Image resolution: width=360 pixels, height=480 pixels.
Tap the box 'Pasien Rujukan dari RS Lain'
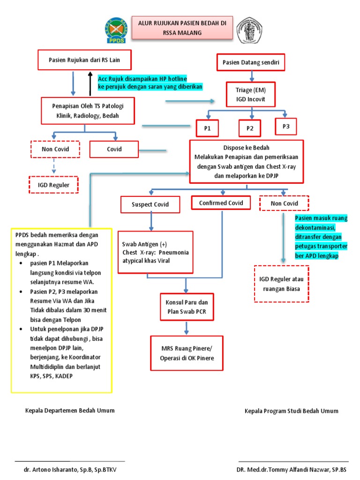coord(84,60)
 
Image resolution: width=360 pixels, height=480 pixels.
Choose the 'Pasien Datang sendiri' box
coord(250,62)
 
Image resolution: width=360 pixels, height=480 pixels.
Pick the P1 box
coord(208,128)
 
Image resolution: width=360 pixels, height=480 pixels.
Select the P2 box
coord(250,128)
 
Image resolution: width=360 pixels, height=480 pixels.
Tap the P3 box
coord(286,126)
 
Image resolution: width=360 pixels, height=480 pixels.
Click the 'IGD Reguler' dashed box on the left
coord(53,185)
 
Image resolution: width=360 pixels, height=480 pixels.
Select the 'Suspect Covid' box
coord(150,204)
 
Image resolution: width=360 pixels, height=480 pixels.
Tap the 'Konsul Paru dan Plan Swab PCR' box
coord(187,307)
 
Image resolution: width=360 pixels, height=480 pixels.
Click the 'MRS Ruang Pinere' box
coord(187,352)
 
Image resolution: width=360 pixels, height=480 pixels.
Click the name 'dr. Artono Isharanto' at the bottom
coord(70,469)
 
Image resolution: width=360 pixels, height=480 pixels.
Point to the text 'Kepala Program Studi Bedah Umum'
coord(291,411)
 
